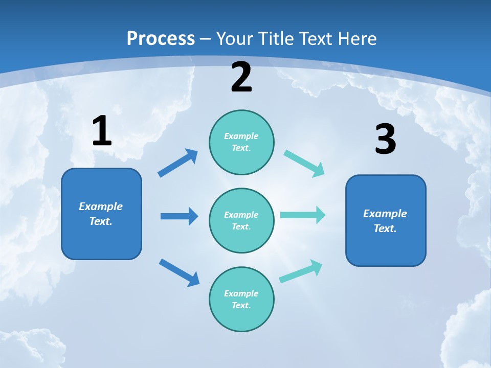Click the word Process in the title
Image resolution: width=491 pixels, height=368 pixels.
pos(161,39)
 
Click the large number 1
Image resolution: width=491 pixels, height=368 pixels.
pos(102,131)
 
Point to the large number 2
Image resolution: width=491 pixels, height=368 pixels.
pos(241,77)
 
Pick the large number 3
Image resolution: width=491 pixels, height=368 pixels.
pos(386,140)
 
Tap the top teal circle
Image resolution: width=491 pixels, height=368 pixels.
pos(241,142)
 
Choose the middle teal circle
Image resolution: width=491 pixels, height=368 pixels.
pos(241,221)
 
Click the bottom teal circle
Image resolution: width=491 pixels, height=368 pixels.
pos(241,300)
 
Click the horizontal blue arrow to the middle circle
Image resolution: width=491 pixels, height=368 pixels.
pos(179,216)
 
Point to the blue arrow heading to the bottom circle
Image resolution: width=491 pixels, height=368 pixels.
pos(179,272)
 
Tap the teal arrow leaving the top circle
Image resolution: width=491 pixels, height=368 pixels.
pos(304,164)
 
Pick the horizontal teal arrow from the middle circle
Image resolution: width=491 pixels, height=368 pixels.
pos(303,215)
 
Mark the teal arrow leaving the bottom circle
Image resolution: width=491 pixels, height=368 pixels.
pos(301,271)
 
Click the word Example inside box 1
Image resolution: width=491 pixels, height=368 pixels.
pos(101,206)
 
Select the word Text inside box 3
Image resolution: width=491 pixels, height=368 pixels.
pos(385,228)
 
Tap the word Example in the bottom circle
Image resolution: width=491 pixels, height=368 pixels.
pos(241,293)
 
